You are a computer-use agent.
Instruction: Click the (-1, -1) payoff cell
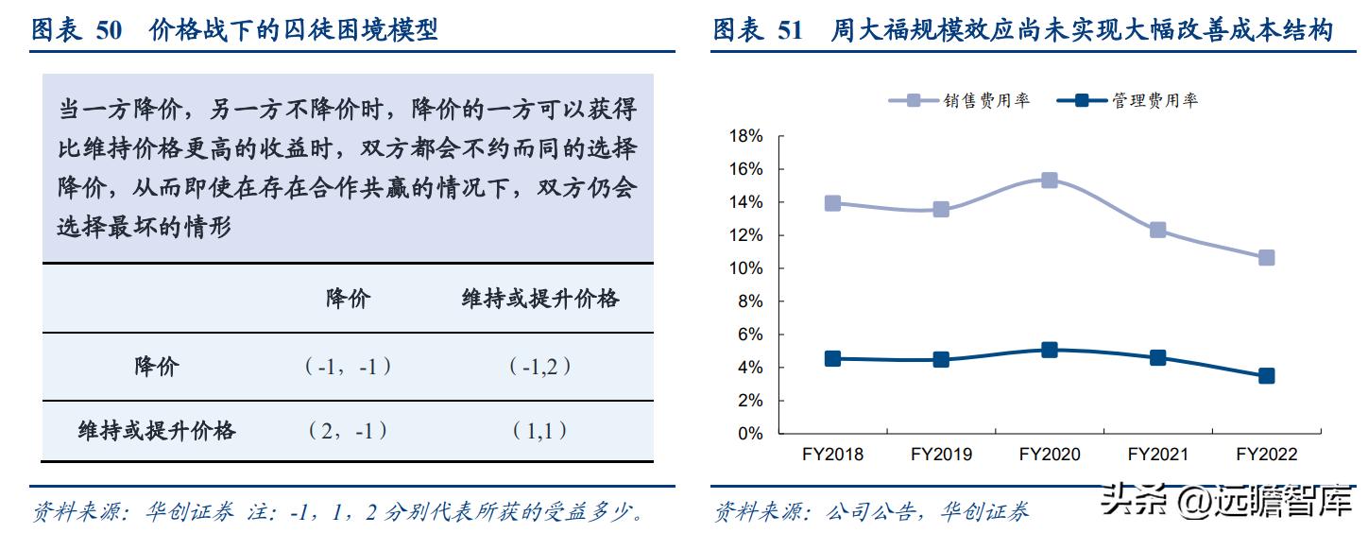tap(348, 367)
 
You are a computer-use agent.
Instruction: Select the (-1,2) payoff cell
tap(539, 367)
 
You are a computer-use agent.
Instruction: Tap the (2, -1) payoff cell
tap(348, 431)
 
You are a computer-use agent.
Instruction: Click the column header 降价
tap(348, 299)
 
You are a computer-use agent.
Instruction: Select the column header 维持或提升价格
tap(539, 299)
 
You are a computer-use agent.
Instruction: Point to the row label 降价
tap(156, 367)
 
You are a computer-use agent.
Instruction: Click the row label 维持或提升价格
tap(156, 431)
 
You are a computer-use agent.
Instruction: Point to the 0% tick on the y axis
tap(750, 434)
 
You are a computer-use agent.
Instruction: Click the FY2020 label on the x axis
tap(1050, 455)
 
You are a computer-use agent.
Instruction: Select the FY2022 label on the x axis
tap(1266, 455)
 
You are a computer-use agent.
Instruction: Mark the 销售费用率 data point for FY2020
tap(1050, 180)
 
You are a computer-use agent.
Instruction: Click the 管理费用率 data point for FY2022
tap(1266, 376)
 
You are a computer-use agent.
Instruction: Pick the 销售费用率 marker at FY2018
tap(832, 203)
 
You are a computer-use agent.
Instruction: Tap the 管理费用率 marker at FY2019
tap(941, 360)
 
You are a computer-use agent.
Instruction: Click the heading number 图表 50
tap(77, 30)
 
